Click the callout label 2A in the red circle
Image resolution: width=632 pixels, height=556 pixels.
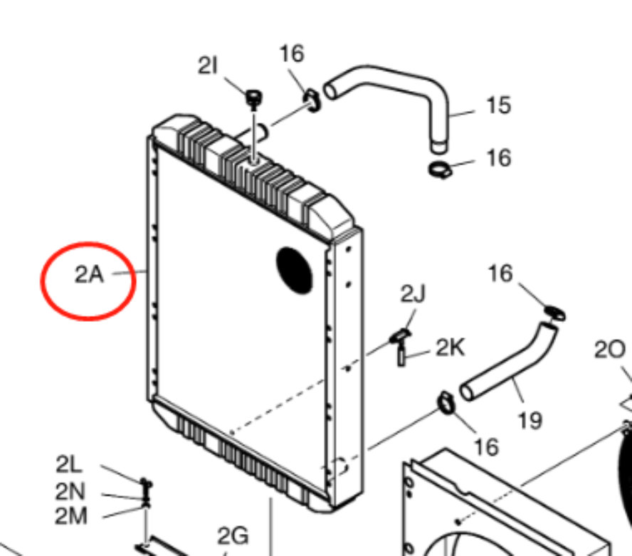89,275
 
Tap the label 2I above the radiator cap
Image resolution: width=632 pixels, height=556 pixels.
208,65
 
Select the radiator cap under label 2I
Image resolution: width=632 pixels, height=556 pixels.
254,99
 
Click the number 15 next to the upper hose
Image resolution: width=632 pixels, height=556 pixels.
499,105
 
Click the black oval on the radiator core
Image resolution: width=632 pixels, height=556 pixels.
295,270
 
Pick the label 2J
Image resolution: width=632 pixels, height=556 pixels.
413,294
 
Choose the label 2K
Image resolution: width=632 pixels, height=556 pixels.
451,347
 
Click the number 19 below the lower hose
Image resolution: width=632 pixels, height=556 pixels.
530,421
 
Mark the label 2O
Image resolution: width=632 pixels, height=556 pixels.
610,350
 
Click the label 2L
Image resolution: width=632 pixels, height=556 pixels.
69,464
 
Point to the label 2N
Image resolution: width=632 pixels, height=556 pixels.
70,491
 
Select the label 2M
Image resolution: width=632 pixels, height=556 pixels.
71,515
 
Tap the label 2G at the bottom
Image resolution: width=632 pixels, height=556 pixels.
233,536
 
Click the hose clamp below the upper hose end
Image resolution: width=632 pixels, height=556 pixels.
440,169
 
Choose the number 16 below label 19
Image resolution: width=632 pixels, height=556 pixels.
487,447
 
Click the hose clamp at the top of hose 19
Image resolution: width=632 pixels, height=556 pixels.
554,313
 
